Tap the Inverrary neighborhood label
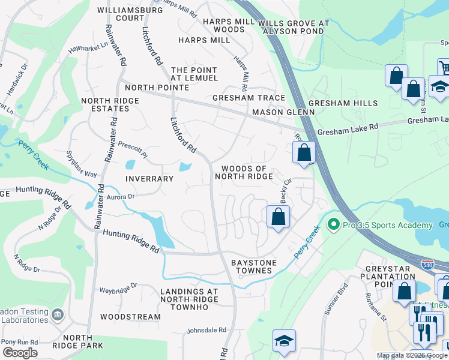(x=149, y=179)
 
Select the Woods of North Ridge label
(x=247, y=173)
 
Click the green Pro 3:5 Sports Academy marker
(x=333, y=225)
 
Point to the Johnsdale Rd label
(x=206, y=330)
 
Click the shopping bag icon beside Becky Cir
(x=278, y=217)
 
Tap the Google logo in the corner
(x=19, y=353)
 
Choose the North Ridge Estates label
(x=105, y=105)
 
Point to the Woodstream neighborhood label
(x=130, y=317)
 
